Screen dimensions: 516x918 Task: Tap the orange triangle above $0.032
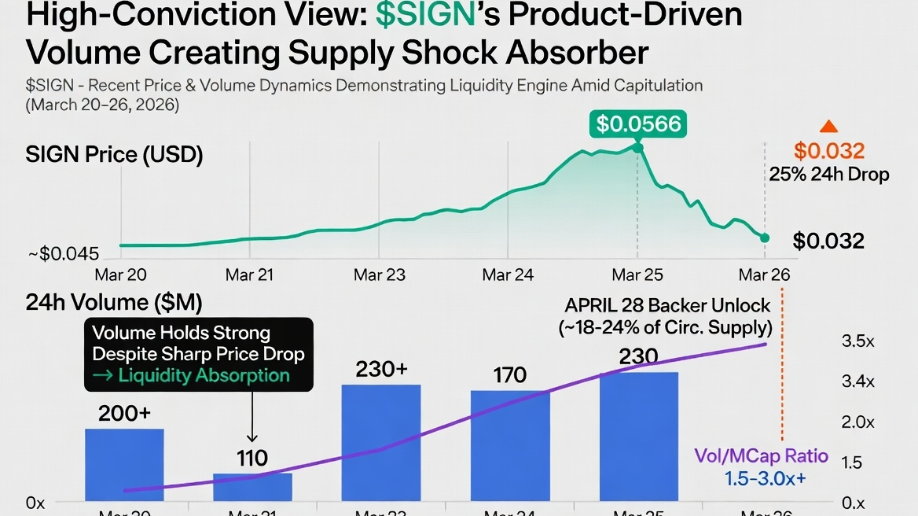(828, 126)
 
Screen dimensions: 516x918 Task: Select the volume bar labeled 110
(252, 486)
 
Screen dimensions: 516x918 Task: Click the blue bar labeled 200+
(124, 464)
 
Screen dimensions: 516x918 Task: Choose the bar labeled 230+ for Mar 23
(381, 442)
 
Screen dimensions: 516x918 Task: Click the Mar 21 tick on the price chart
(249, 275)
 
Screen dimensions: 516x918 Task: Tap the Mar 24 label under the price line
(508, 275)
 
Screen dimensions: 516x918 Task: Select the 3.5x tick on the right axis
(857, 341)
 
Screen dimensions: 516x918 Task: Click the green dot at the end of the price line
(766, 238)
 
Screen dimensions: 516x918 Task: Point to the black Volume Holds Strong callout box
(198, 354)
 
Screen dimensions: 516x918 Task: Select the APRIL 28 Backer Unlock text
(667, 304)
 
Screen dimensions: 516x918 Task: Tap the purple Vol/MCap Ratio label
(761, 455)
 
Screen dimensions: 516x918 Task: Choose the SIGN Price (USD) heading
(114, 155)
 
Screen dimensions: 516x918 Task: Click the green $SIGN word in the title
(426, 17)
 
